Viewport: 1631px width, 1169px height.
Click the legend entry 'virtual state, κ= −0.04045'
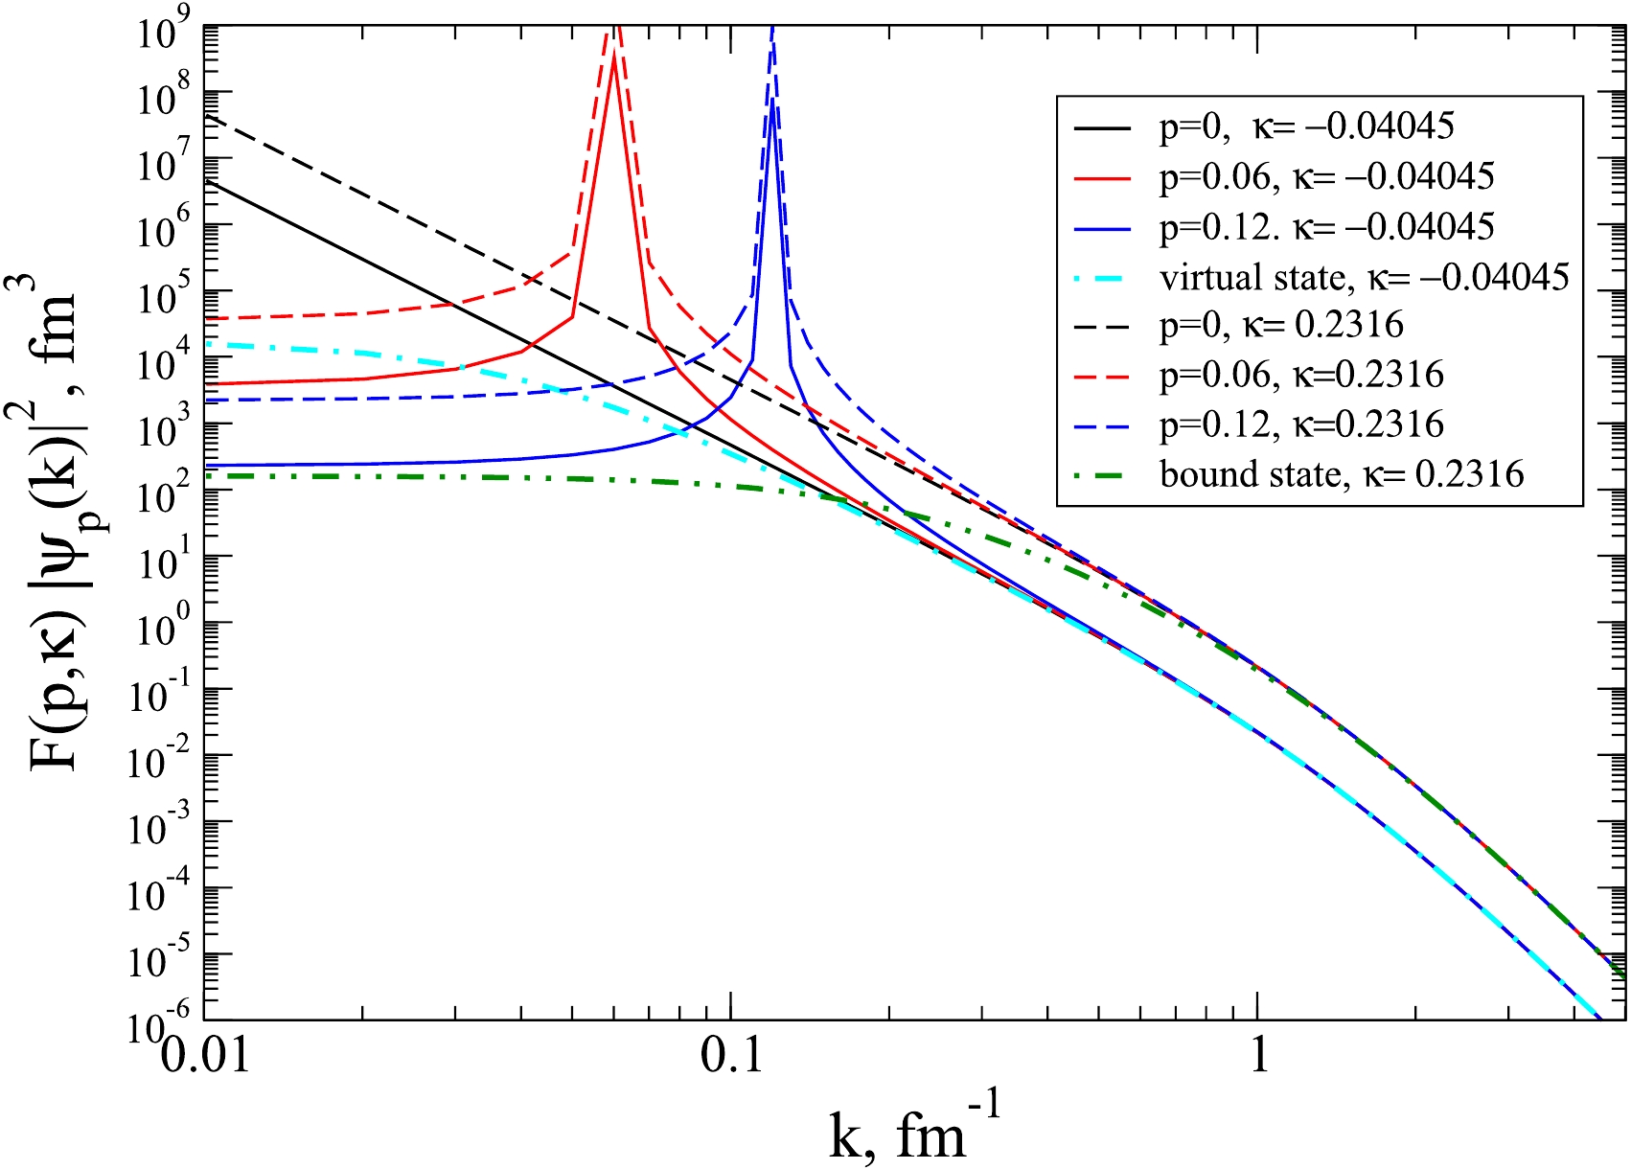tap(1364, 277)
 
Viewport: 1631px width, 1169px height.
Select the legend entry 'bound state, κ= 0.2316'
tap(1342, 474)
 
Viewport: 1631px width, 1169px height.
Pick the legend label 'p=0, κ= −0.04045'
tap(1307, 126)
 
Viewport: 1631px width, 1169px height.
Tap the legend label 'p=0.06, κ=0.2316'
tap(1301, 375)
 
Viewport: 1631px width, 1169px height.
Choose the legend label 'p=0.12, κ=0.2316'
tap(1301, 424)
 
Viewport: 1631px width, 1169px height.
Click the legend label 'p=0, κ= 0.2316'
tap(1281, 326)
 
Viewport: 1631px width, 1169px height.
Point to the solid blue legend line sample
tap(1103, 228)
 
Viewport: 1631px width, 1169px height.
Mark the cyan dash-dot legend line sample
tap(1103, 278)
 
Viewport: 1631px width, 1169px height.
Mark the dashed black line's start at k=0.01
tap(205, 115)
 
